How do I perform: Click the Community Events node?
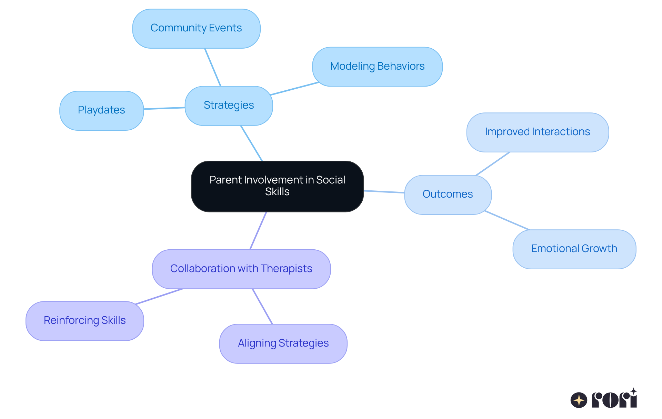(x=196, y=29)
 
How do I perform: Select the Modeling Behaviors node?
(x=377, y=67)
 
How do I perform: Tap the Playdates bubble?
(x=101, y=110)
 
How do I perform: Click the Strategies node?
(x=229, y=106)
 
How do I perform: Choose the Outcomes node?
(x=448, y=194)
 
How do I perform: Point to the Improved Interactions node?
(x=537, y=132)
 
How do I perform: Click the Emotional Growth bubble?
(x=574, y=249)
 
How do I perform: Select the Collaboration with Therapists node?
(x=241, y=269)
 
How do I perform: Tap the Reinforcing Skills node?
(x=84, y=321)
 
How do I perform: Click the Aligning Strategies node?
(x=283, y=343)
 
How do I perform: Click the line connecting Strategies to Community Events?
(x=213, y=67)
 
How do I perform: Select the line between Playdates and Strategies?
(x=164, y=108)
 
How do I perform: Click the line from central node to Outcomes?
(x=384, y=192)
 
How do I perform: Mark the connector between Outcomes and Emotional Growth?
(x=506, y=220)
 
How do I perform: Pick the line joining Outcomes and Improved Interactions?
(x=493, y=164)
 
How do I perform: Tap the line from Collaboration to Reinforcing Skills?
(x=159, y=297)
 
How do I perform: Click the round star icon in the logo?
(x=579, y=400)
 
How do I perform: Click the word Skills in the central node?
(x=277, y=192)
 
